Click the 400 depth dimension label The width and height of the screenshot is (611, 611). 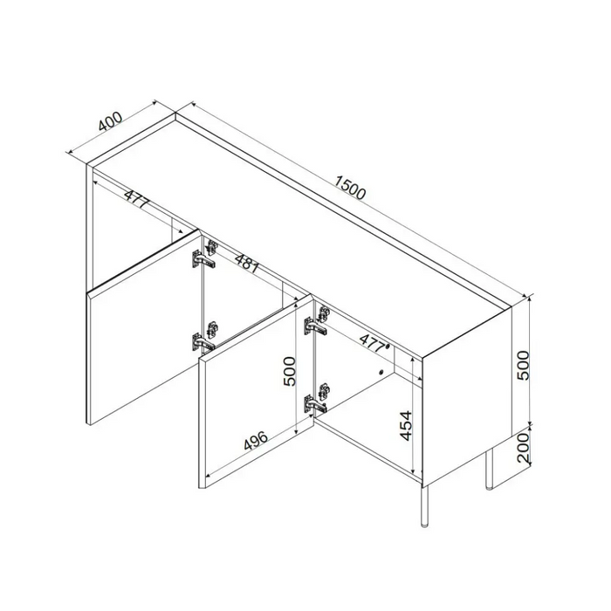(110, 121)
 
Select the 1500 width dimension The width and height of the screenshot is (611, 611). (350, 188)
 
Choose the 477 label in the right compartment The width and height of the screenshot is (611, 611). (374, 342)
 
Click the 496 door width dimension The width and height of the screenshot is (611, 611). (256, 440)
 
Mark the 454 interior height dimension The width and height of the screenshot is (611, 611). (406, 426)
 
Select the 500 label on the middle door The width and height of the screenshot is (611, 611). (290, 371)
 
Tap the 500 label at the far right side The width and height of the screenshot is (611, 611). (524, 365)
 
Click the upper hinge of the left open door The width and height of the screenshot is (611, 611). (204, 255)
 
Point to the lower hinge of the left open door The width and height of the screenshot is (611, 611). (204, 337)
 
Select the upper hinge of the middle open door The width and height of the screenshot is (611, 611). (317, 320)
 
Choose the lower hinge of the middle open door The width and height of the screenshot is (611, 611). (316, 398)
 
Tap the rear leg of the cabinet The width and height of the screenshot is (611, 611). (489, 469)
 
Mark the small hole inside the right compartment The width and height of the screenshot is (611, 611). (381, 372)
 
